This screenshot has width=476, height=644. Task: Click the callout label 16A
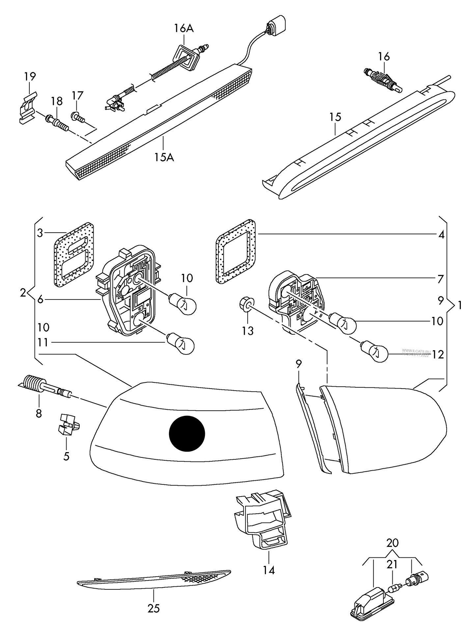tap(184, 29)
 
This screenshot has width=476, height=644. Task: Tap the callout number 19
tap(30, 77)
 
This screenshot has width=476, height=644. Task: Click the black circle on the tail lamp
tap(187, 433)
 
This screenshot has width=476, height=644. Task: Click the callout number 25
tap(154, 608)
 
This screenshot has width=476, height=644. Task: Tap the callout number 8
tap(39, 413)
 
